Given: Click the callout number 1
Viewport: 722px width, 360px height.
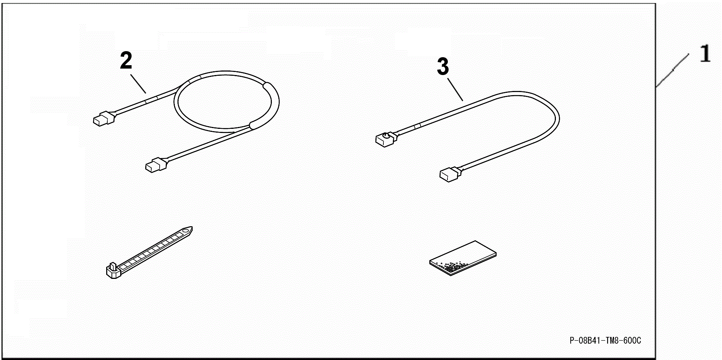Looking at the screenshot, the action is tap(705, 53).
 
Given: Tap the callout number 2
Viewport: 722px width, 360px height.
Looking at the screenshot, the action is tap(126, 61).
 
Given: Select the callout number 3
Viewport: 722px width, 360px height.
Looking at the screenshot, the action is tap(443, 67).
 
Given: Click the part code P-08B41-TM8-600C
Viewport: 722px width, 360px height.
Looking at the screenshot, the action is tap(605, 341).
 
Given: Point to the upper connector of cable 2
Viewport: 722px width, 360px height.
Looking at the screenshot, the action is tap(104, 118).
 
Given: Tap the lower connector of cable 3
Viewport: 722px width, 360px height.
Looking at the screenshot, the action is tap(450, 174).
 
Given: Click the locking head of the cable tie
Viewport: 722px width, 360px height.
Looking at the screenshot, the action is tap(113, 270).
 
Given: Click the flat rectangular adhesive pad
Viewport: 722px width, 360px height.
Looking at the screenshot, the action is tap(463, 258).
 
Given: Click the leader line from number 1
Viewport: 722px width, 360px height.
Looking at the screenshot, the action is tap(672, 70).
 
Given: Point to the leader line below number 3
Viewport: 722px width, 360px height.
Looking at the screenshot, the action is tap(455, 89).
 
